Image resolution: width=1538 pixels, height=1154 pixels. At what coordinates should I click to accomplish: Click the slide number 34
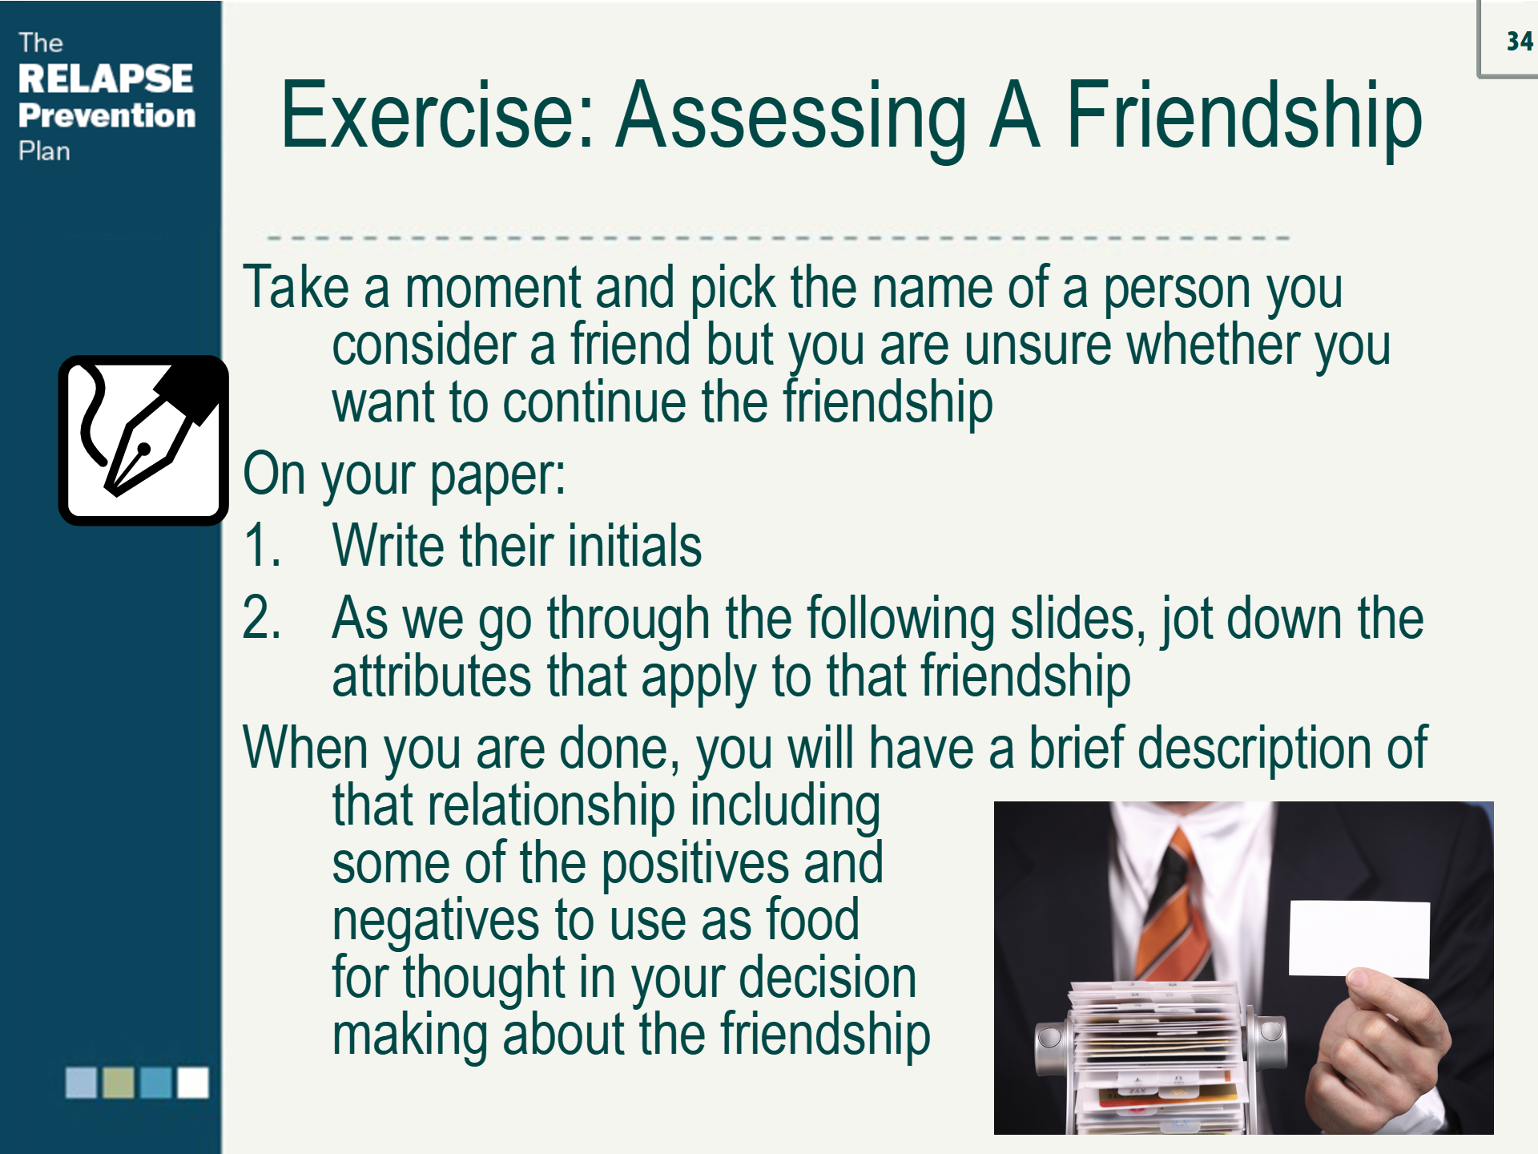point(1520,41)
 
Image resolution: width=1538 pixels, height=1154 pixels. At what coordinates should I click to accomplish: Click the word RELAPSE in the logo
point(106,79)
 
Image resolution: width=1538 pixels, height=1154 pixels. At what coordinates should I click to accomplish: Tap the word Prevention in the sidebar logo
point(107,115)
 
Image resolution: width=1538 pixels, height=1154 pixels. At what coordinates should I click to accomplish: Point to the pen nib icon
point(143,440)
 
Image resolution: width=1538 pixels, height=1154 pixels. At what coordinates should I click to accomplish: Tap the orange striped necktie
point(1174,905)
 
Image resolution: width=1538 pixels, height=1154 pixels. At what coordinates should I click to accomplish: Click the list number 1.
point(262,546)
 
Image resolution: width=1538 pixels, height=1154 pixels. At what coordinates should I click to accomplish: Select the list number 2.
point(262,618)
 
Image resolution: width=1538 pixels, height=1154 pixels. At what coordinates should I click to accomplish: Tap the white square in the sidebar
point(193,1083)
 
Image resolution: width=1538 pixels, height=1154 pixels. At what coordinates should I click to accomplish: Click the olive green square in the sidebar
point(119,1083)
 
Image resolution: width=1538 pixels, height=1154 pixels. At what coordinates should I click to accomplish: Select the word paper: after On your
point(497,475)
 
